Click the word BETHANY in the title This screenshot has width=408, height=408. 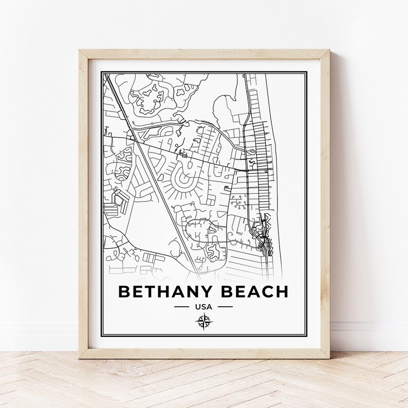coord(162,291)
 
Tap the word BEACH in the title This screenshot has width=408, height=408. coord(251,291)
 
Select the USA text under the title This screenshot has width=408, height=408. coord(203,307)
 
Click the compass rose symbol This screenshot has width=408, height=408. coord(203,322)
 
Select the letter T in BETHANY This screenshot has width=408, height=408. coord(150,291)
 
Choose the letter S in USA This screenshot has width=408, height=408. coord(203,307)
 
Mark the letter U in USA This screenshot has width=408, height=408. coord(197,307)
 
